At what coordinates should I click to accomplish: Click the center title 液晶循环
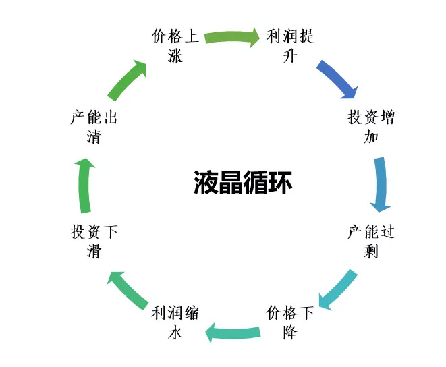(x=243, y=183)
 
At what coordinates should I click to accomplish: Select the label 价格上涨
(x=175, y=45)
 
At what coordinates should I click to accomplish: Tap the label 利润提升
(x=290, y=45)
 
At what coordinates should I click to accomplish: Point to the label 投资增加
(x=371, y=126)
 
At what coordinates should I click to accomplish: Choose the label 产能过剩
(x=371, y=242)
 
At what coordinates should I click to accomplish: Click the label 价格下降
(x=290, y=322)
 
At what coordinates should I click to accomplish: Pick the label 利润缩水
(x=175, y=322)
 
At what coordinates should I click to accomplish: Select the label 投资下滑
(x=94, y=242)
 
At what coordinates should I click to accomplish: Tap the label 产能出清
(x=94, y=126)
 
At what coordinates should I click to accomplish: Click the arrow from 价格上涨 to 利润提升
(x=232, y=37)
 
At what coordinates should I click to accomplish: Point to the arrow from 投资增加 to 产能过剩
(x=381, y=184)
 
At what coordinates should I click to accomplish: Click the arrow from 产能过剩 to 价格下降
(x=339, y=289)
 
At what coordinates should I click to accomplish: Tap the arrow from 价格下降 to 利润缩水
(x=233, y=332)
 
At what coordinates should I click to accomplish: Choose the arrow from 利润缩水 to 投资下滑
(x=128, y=290)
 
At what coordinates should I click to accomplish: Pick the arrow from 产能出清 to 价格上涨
(x=128, y=80)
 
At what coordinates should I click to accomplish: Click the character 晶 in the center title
(x=231, y=183)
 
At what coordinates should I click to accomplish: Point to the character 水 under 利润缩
(x=175, y=332)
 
